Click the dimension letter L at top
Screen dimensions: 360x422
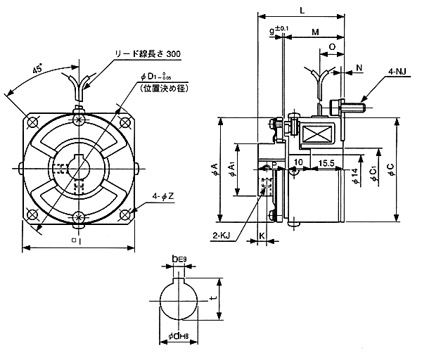pos(301,11)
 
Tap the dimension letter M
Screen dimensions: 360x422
pos(315,33)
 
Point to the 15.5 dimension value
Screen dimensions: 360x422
pos(326,162)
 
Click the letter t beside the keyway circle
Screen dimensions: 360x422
pos(212,298)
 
